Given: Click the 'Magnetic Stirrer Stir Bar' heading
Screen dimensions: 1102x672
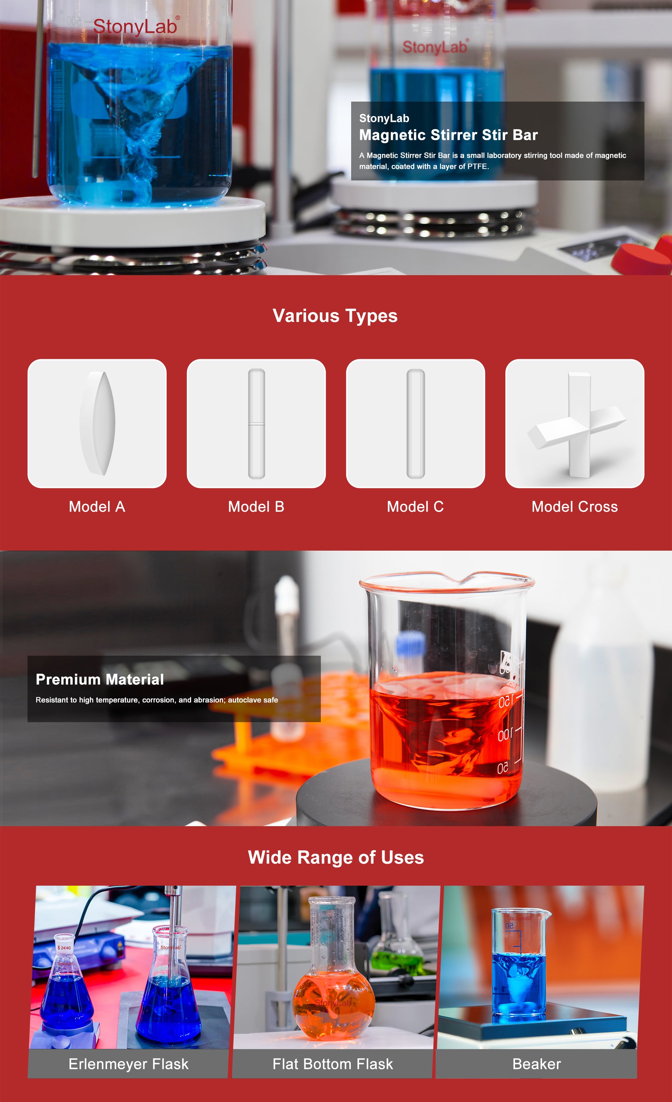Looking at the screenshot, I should point(448,135).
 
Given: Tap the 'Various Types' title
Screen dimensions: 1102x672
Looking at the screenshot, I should point(335,316).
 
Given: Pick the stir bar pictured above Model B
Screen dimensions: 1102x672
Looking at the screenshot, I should point(256,423).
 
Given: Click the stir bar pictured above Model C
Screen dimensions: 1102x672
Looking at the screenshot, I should point(416,423).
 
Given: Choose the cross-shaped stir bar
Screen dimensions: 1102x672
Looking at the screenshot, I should point(577,425).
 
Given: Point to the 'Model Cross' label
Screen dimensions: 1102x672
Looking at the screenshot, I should point(575,507).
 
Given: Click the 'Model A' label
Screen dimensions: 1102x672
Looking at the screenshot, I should point(97,507).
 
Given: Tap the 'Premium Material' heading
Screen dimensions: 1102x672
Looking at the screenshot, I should point(100,679).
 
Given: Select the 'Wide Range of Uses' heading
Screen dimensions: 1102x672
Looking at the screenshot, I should point(336,858).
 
